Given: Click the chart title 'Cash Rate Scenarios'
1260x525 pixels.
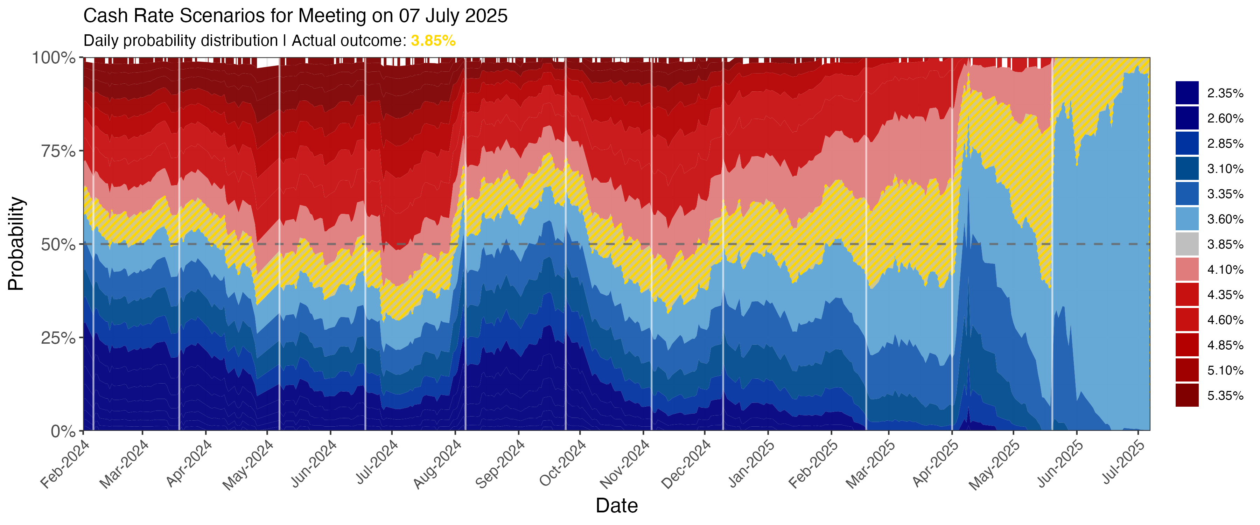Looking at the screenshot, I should (295, 16).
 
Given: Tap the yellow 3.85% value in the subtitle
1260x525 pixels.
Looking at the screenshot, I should (433, 41).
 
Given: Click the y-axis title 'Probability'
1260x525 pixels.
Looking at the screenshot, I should (16, 244).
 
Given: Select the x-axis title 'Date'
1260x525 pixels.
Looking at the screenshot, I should (616, 505).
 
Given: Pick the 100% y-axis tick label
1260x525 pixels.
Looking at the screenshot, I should (54, 58).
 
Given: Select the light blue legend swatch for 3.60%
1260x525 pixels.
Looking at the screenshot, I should (1187, 219).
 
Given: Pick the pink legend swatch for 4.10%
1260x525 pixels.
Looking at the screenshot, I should (1187, 269).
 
